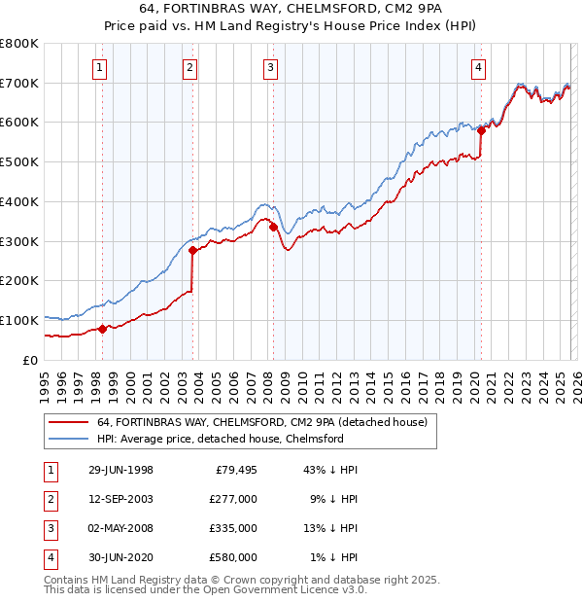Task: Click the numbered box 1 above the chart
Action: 102,67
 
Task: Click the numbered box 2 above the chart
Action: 189,67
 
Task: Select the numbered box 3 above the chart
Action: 269,67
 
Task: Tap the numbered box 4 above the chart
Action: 479,67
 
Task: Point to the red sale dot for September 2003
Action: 192,250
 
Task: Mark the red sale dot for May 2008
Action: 273,228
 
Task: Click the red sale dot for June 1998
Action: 102,328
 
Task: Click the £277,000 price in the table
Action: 233,499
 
